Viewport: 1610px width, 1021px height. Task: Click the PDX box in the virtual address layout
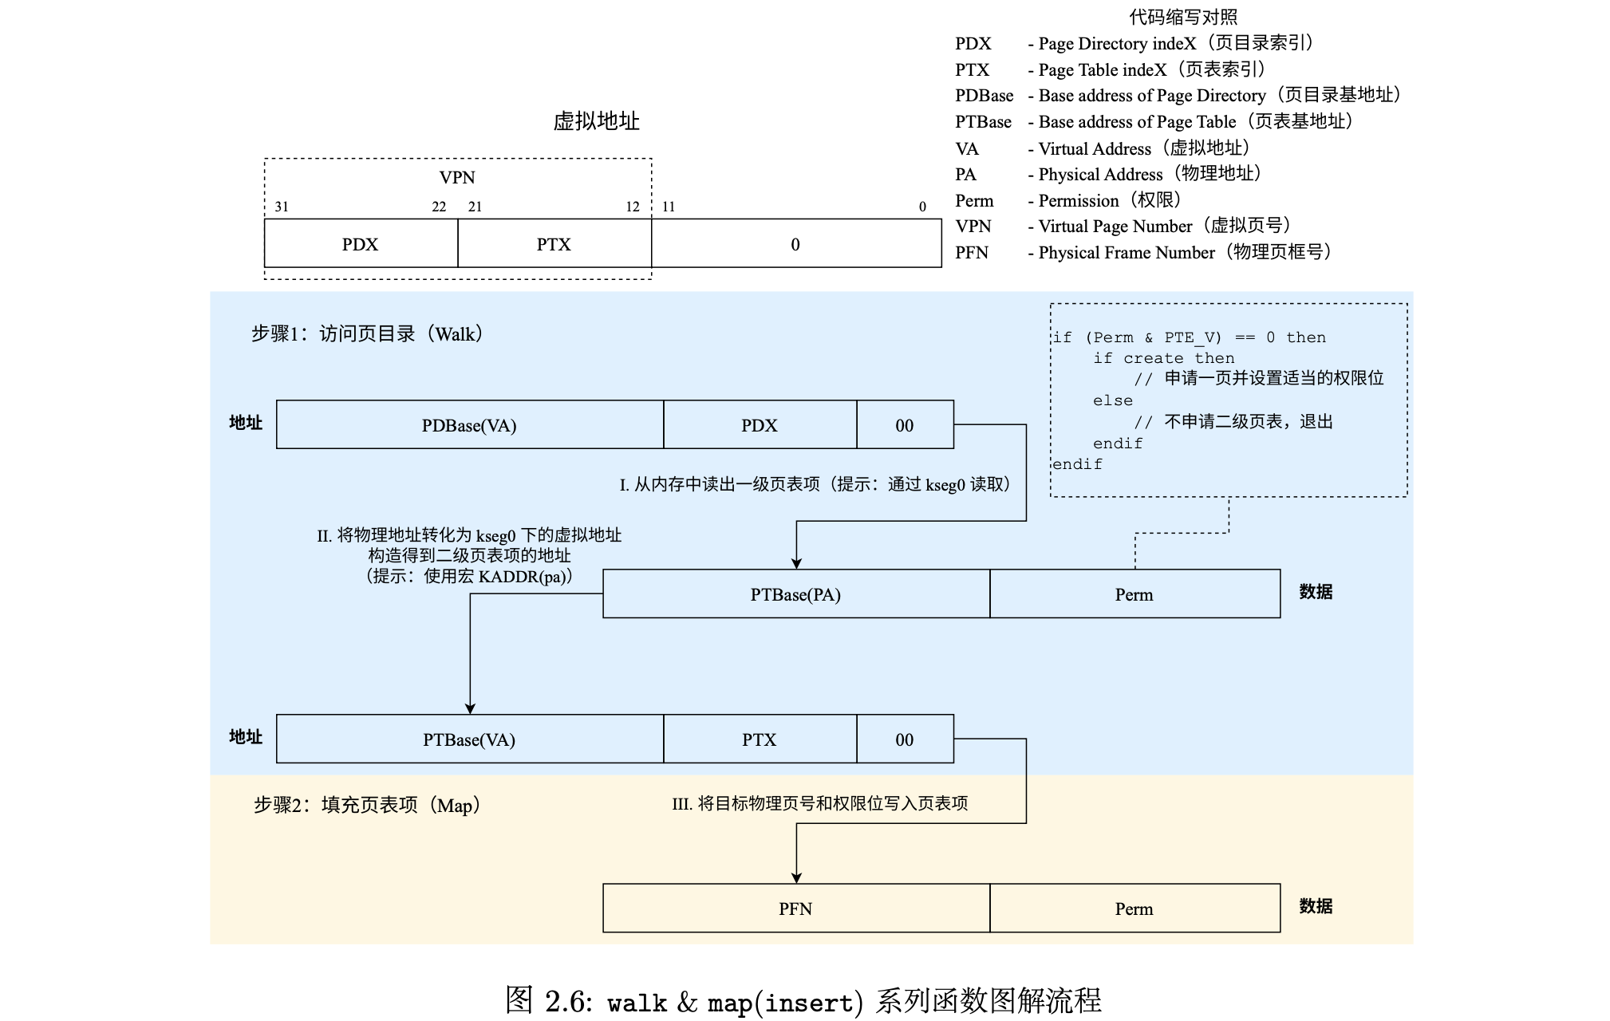[x=361, y=244]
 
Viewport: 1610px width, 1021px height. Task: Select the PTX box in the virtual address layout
[x=554, y=244]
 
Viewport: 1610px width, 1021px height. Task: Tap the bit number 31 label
[x=282, y=207]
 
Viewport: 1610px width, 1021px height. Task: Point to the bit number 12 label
[x=633, y=207]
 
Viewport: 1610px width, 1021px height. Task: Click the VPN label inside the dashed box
[x=457, y=177]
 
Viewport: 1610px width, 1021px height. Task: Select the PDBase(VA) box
[x=469, y=425]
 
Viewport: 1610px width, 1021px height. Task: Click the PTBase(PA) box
[x=795, y=594]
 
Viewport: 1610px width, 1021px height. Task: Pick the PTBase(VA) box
[x=469, y=739]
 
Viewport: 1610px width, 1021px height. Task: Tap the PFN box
[x=795, y=909]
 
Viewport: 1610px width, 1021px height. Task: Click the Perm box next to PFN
[x=1134, y=909]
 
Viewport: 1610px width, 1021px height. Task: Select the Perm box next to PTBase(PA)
[x=1134, y=594]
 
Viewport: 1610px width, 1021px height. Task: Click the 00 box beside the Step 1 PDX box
[x=904, y=425]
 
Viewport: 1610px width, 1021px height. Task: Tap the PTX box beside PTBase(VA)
[x=759, y=739]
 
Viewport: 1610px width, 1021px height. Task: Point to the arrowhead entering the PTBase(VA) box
[x=470, y=708]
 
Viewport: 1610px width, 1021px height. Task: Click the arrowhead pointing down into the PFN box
[x=796, y=877]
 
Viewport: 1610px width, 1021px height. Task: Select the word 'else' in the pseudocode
[x=1113, y=400]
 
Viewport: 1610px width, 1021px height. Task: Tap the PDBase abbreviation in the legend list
[x=984, y=96]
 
